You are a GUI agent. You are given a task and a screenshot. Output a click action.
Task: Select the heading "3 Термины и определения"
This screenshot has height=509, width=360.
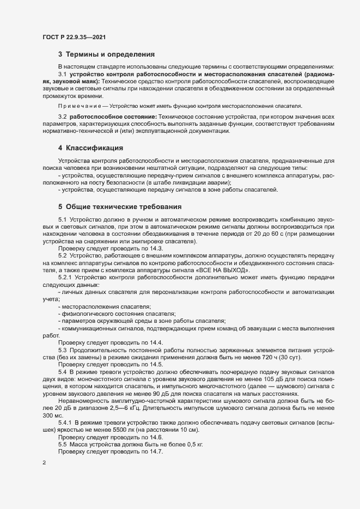(x=106, y=54)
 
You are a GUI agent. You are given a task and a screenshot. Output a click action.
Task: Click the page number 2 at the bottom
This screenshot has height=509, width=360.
(x=44, y=463)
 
